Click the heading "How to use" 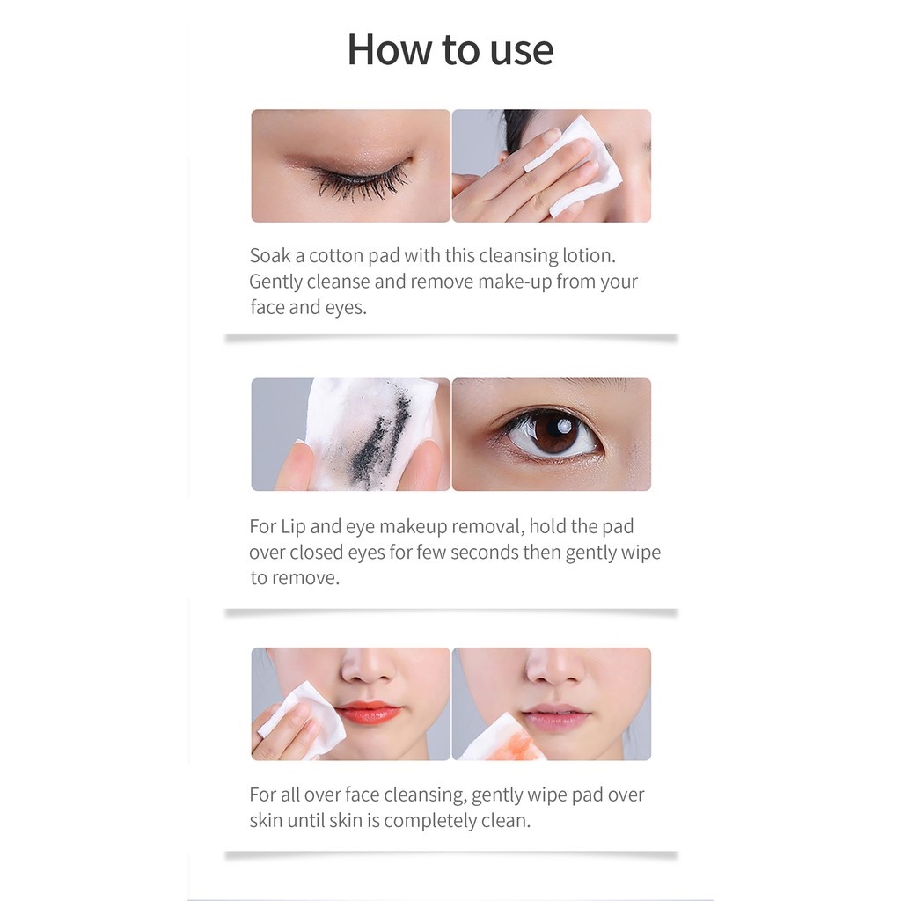[x=450, y=49]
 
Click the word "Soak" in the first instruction [x=270, y=256]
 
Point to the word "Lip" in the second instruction [x=293, y=527]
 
